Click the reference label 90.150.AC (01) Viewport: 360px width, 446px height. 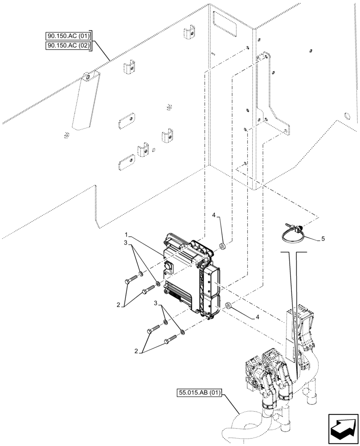coord(68,36)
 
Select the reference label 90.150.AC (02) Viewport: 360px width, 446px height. coord(68,46)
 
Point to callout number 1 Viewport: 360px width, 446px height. coord(127,235)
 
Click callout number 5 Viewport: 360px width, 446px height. coord(323,239)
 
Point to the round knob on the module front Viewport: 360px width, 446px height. coord(170,267)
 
